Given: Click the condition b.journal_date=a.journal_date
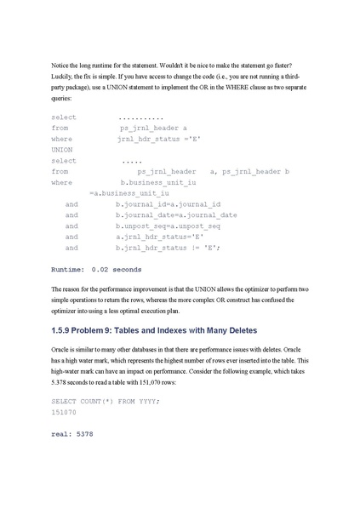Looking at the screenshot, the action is coord(176,215).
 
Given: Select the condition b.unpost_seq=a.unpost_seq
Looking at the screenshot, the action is coord(169,226).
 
